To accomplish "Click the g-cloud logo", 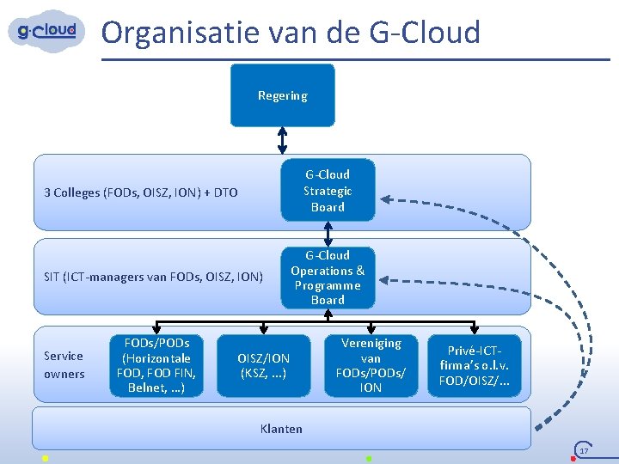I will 47,32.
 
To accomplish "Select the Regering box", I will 283,95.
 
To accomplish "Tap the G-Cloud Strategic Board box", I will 328,190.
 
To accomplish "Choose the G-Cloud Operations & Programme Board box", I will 328,277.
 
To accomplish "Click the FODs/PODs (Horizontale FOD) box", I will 156,365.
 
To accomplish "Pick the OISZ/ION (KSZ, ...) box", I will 264,365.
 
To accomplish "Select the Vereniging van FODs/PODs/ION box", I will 371,365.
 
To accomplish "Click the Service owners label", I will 64,364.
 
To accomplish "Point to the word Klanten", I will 281,428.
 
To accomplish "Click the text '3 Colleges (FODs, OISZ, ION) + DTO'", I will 140,192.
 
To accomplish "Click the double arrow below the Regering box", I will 283,140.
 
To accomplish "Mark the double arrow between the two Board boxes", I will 328,232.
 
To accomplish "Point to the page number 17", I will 584,451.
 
